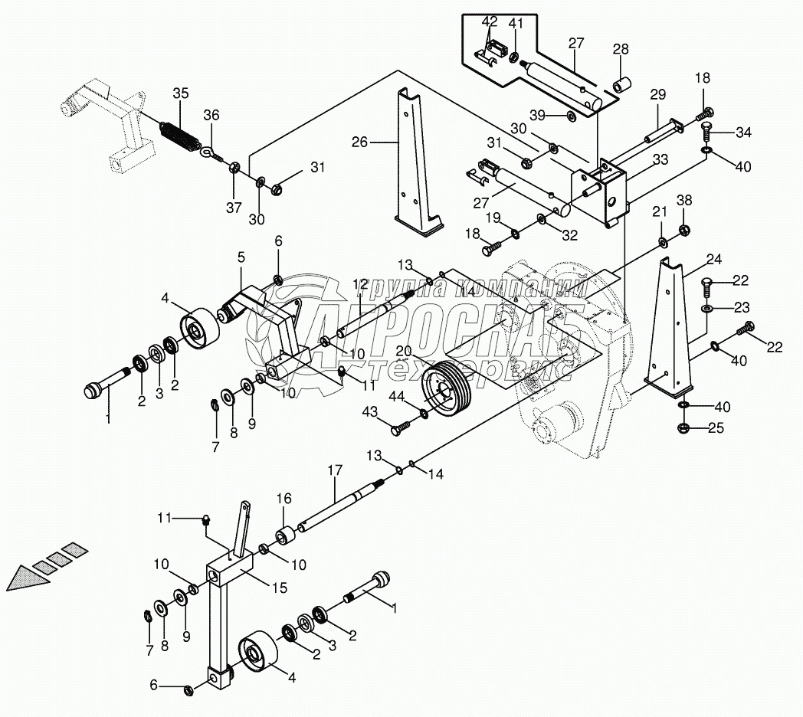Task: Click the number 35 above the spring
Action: [x=180, y=93]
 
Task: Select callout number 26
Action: [x=361, y=142]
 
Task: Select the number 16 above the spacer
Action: [x=283, y=499]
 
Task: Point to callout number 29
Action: [x=658, y=94]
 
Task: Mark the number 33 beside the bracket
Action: [x=660, y=160]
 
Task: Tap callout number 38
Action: [x=684, y=201]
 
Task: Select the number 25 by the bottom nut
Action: [x=715, y=427]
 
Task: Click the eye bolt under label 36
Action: [x=210, y=154]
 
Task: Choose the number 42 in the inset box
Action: [x=490, y=21]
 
